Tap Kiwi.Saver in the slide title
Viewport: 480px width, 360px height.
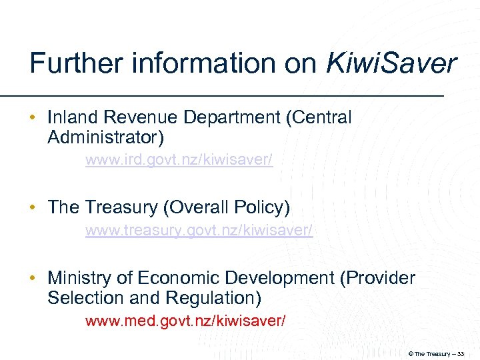(391, 64)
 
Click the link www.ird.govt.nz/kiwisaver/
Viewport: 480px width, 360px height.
(179, 161)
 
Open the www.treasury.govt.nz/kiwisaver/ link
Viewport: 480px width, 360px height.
(199, 231)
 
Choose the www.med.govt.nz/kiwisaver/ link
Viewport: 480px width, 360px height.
(185, 321)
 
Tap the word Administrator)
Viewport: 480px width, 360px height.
(105, 138)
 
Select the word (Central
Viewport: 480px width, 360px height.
(318, 118)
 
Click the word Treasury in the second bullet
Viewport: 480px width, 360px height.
(121, 208)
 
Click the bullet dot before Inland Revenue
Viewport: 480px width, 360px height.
(34, 119)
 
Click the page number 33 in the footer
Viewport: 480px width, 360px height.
(460, 353)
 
